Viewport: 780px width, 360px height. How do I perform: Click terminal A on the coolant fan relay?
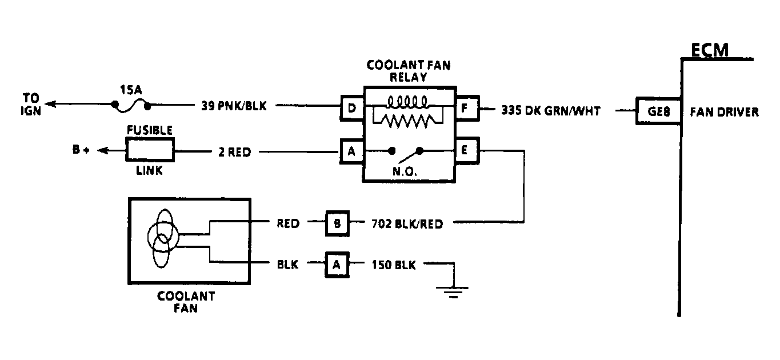(x=352, y=151)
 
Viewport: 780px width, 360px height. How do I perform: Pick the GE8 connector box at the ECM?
(x=658, y=111)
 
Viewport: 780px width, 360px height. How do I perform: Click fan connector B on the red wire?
(x=337, y=223)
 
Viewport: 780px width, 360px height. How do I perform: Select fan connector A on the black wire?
(x=337, y=265)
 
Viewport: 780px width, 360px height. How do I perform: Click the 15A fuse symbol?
(x=131, y=105)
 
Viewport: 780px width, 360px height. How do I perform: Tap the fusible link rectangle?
(x=150, y=151)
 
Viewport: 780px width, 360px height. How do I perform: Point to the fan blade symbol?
(x=163, y=237)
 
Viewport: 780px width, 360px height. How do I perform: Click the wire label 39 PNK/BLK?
(x=233, y=106)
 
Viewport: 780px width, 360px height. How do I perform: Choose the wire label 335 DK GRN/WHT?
(x=550, y=111)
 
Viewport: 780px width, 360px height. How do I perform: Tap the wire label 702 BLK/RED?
(x=406, y=224)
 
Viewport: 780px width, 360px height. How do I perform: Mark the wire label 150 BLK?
(x=394, y=265)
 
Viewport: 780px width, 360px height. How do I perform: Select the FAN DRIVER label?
(x=724, y=112)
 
